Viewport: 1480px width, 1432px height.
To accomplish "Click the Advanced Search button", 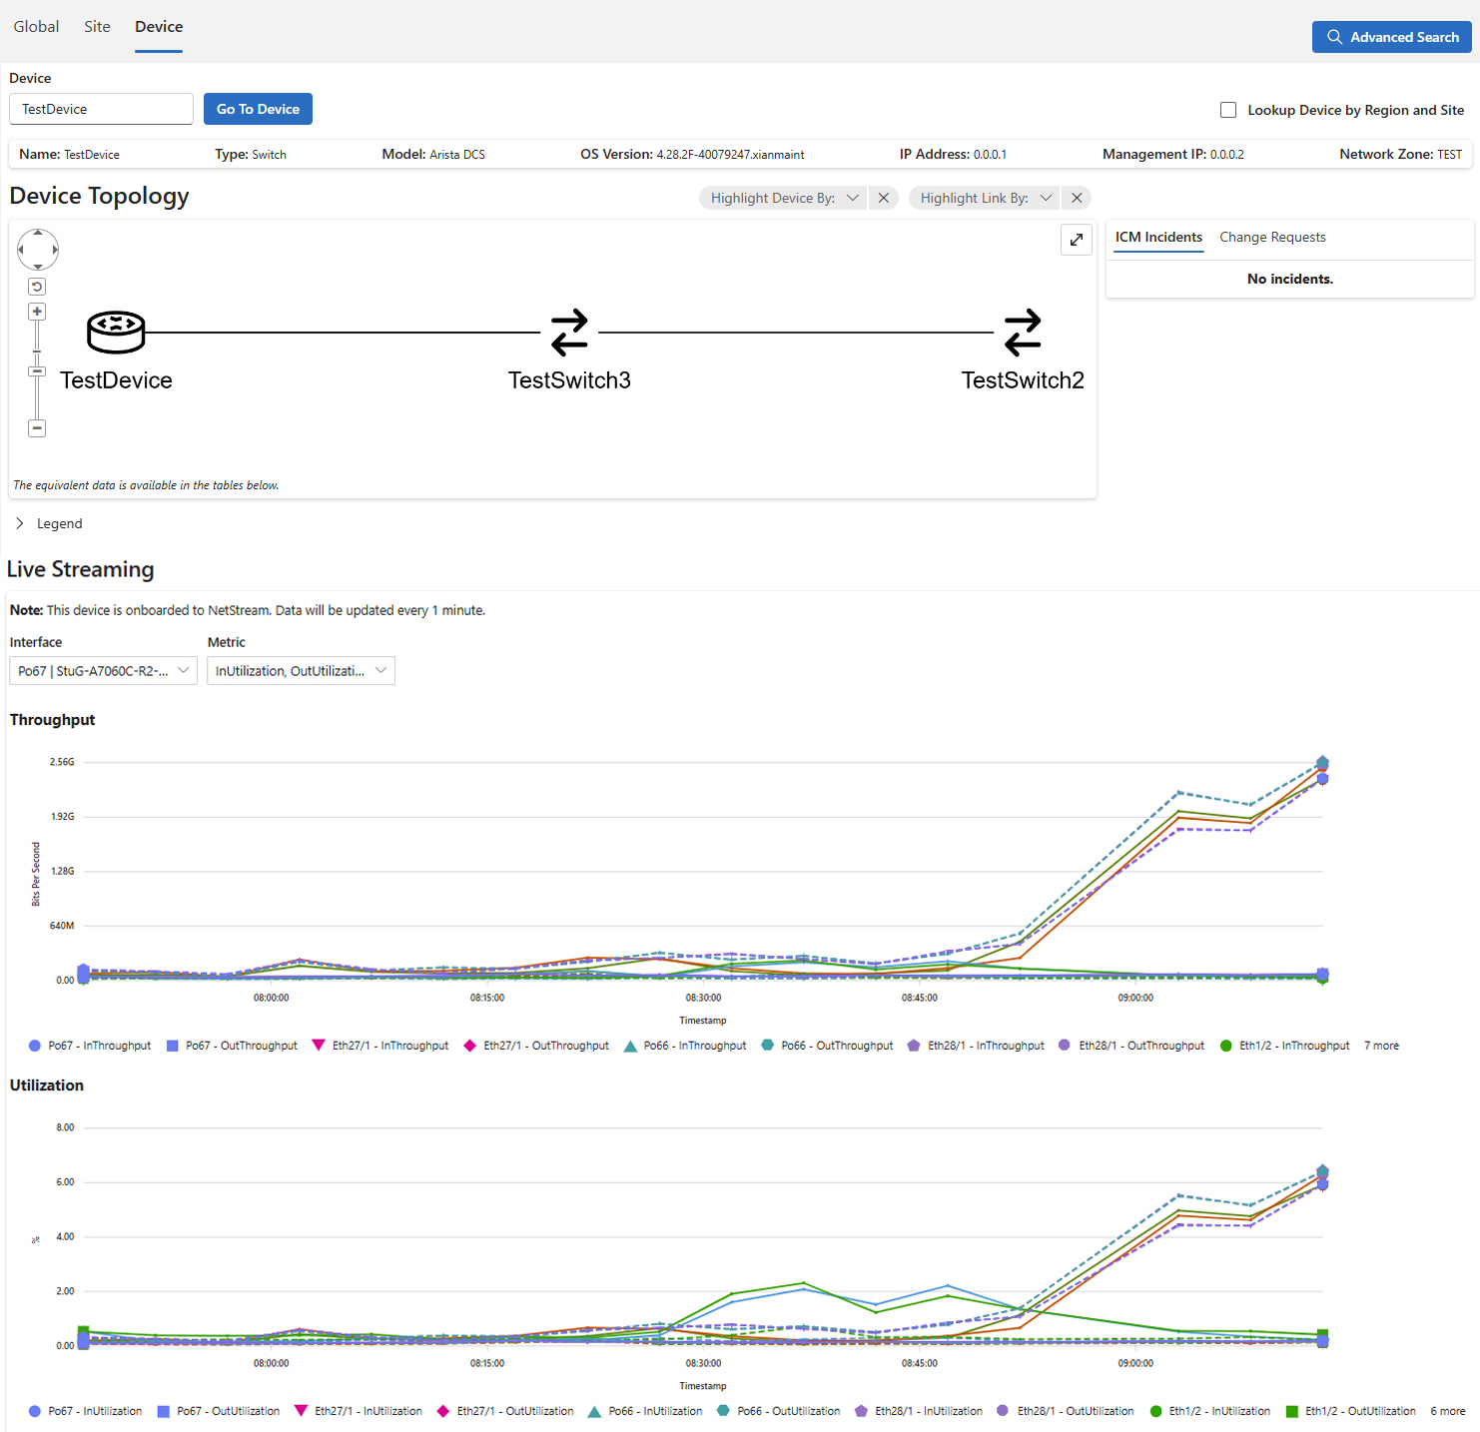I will (x=1391, y=37).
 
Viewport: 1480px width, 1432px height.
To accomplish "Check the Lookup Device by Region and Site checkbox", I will (x=1228, y=110).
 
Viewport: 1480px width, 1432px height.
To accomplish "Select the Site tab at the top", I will (x=97, y=27).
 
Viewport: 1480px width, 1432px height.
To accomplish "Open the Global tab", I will (x=36, y=27).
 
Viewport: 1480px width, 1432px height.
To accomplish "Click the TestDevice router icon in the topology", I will (x=116, y=333).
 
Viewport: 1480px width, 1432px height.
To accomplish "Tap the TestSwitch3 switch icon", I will (x=569, y=333).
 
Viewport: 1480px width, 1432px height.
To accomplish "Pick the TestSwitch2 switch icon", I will (x=1023, y=333).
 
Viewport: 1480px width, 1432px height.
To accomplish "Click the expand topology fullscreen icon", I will (x=1077, y=240).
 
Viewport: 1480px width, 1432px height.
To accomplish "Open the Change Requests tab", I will (x=1272, y=238).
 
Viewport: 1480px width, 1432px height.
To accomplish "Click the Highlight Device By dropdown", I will (x=783, y=198).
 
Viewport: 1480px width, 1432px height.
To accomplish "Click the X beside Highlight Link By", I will (x=1077, y=198).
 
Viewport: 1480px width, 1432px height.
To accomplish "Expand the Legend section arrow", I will (x=20, y=523).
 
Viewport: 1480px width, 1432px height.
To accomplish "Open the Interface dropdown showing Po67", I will (x=103, y=671).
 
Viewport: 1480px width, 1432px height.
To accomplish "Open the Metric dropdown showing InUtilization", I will (x=301, y=671).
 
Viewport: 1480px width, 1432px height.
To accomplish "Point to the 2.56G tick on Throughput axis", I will (x=62, y=762).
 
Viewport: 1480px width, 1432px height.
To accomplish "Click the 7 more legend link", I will (x=1381, y=1046).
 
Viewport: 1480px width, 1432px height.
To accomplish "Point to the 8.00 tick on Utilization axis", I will (x=65, y=1127).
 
